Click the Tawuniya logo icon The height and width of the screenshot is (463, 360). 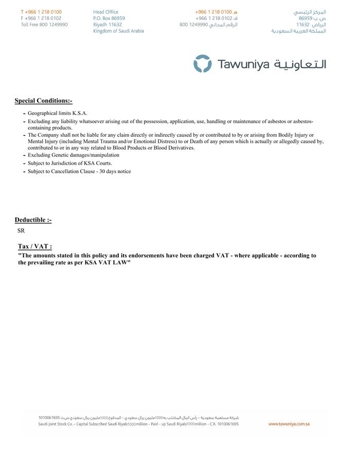point(202,64)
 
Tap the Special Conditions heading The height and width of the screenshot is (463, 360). point(43,101)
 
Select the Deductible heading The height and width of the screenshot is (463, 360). point(33,220)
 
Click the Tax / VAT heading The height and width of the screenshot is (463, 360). point(35,246)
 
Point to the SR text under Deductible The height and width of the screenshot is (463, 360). point(21,231)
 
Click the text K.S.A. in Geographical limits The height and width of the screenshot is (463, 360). point(80,113)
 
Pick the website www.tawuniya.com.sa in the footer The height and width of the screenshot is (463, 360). point(289,424)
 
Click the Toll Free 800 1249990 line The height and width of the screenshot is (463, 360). point(44,25)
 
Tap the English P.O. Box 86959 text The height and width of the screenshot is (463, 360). point(109,19)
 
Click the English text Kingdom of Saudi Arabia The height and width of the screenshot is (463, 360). point(118,31)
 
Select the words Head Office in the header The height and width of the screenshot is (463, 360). point(105,12)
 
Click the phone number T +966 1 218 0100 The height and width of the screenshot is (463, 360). point(41,12)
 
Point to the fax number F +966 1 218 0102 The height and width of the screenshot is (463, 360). point(41,19)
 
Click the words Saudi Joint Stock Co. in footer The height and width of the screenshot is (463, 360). point(57,424)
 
